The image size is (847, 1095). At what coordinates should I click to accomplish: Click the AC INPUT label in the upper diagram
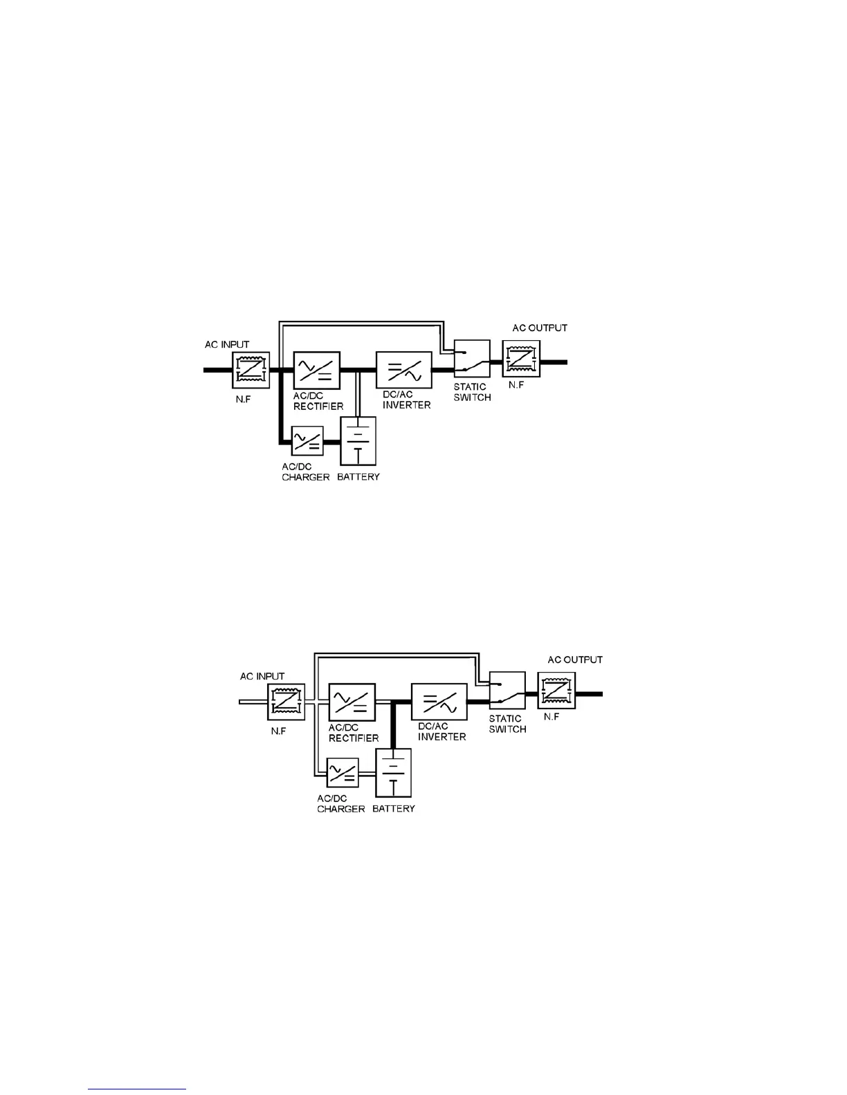(x=227, y=344)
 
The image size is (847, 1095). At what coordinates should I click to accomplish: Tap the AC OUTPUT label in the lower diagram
(x=575, y=659)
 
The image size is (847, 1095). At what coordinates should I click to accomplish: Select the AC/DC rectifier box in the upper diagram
(x=317, y=370)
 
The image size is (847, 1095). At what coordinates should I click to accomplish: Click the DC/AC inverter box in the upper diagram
(x=404, y=370)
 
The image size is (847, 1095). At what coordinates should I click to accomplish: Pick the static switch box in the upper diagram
(x=472, y=359)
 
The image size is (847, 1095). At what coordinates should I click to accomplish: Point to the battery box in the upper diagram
(x=358, y=441)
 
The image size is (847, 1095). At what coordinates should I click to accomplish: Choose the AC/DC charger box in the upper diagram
(x=307, y=440)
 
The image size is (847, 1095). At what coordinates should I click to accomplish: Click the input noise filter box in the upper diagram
(x=251, y=370)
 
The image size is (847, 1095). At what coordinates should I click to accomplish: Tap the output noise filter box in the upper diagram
(x=521, y=359)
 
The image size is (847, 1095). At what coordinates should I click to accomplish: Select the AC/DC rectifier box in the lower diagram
(x=352, y=702)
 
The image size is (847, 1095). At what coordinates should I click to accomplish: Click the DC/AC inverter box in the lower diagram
(x=439, y=702)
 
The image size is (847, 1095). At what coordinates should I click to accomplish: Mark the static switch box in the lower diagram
(x=507, y=691)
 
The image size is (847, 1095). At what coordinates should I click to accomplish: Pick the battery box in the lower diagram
(x=394, y=773)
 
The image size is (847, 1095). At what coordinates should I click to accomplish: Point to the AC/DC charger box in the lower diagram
(x=343, y=772)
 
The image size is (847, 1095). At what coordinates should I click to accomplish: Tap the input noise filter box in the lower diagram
(x=286, y=702)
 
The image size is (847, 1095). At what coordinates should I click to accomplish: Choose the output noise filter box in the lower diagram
(x=556, y=691)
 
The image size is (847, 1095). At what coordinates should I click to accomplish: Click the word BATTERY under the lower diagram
(x=394, y=809)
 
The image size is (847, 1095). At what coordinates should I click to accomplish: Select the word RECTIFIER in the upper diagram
(x=318, y=406)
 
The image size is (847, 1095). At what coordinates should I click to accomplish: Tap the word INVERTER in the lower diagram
(x=441, y=737)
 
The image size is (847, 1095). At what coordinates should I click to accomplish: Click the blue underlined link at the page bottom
(x=137, y=1089)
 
